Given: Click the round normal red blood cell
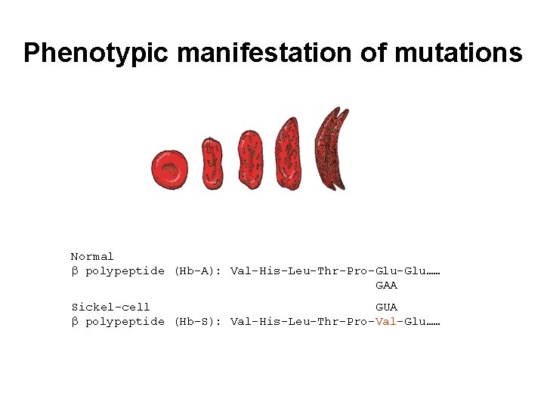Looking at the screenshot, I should pos(169,168).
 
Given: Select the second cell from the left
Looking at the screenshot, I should pos(212,162).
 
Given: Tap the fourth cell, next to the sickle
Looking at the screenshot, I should pos(287,154).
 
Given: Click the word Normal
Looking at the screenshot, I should pos(92,257).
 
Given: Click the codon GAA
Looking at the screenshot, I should pos(386,286).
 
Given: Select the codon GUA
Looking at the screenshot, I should pos(386,307).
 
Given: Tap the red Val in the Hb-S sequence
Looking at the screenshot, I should pos(386,321).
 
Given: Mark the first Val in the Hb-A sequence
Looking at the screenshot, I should pos(240,270).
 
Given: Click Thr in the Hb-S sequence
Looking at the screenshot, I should pos(328,321).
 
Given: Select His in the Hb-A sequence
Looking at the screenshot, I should pos(270,270).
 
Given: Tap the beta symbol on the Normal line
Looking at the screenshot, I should pos(75,271).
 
